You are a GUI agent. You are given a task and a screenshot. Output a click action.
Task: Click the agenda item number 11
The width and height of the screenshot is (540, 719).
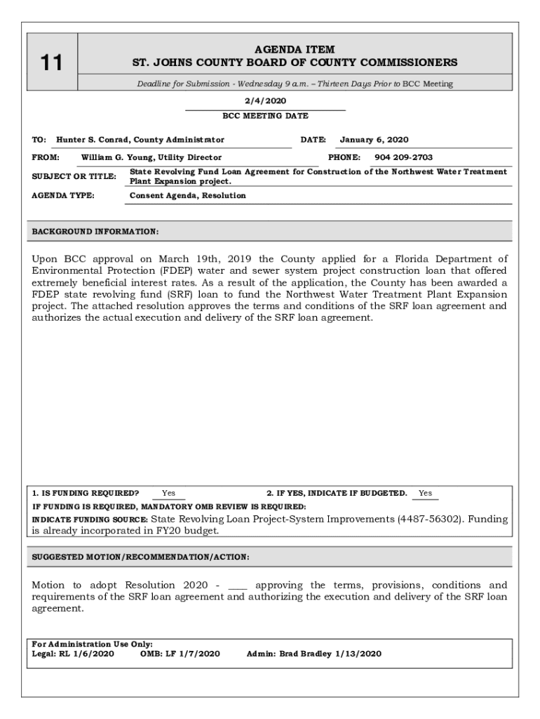50,63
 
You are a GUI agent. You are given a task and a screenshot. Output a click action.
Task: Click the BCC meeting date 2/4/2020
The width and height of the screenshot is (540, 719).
265,100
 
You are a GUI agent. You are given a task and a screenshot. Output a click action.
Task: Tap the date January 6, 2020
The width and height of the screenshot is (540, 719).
374,140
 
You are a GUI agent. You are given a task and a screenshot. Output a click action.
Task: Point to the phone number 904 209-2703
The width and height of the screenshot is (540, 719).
403,157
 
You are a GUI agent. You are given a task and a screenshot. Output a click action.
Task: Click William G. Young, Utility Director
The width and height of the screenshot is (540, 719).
151,157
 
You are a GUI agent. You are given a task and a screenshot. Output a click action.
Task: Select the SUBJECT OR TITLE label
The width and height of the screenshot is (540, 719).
74,176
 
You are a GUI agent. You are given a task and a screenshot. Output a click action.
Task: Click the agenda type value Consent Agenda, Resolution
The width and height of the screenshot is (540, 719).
188,195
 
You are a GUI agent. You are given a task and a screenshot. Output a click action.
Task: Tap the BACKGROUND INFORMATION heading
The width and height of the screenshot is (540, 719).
95,231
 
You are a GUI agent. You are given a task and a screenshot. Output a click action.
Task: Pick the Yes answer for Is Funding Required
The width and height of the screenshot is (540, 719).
169,493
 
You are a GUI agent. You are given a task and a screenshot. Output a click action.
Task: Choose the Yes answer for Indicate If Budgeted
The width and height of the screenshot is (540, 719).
425,493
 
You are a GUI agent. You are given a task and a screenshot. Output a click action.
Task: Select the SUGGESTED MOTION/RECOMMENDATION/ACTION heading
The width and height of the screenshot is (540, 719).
140,557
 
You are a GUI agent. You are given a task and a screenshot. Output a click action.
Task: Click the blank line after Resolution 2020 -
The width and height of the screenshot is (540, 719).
238,586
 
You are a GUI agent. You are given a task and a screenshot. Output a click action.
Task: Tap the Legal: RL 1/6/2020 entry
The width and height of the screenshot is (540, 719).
73,654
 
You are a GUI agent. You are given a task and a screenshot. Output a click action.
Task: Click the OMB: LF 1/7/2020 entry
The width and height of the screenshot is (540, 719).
180,654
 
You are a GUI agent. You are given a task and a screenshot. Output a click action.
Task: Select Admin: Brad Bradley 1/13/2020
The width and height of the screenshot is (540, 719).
314,654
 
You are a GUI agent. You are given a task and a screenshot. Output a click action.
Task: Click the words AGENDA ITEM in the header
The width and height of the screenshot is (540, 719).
295,49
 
